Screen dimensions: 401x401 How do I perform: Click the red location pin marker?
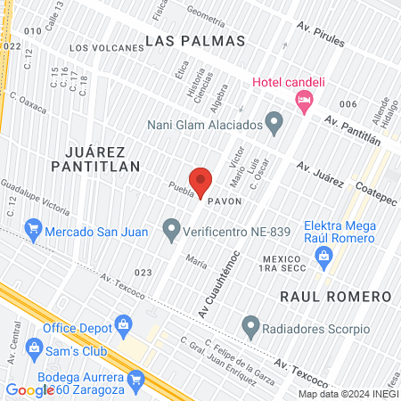click(x=200, y=181)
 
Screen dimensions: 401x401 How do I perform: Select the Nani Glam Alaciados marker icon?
click(x=274, y=119)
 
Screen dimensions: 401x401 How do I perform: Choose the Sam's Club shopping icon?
click(x=35, y=346)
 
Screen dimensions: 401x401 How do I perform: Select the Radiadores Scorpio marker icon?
click(x=251, y=324)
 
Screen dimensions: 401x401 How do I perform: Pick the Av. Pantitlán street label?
click(x=352, y=130)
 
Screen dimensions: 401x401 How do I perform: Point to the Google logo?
click(x=29, y=389)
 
